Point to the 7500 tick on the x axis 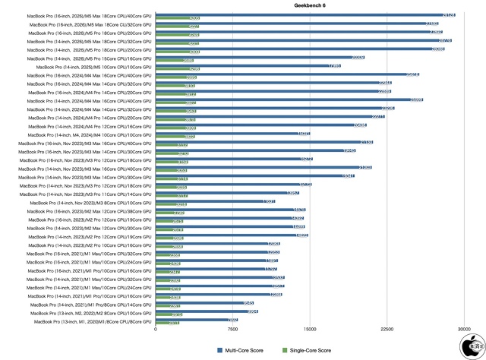point(232,330)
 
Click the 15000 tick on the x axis point(310,330)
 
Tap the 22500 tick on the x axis point(387,330)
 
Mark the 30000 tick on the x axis point(464,330)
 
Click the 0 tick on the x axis point(156,330)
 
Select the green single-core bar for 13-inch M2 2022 point(169,314)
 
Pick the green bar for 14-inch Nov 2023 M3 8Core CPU point(172,205)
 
